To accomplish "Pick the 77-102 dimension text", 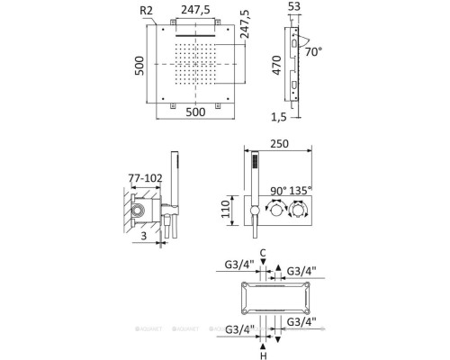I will tap(144, 179).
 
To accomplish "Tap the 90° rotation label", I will tap(274, 191).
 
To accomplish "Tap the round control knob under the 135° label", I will tap(298, 214).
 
